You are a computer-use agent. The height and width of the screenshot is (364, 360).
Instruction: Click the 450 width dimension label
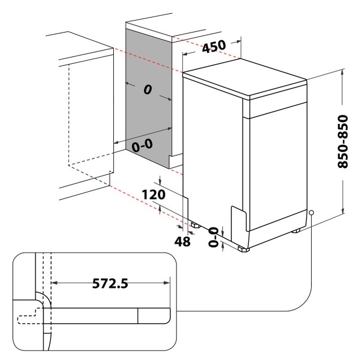pos(214,46)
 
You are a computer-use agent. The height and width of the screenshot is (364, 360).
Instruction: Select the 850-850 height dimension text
pos(343,141)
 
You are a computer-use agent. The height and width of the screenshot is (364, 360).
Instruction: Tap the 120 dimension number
pos(154,194)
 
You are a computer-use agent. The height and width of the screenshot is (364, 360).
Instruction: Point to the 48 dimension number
pos(182,241)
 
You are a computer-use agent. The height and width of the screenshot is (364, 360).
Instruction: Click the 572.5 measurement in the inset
pos(110,283)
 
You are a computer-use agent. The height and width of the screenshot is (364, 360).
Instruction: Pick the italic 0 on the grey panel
pos(148,89)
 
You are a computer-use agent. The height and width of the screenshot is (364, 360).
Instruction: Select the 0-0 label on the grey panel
pos(142,145)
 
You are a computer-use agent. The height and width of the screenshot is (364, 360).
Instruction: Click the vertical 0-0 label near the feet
pos(214,237)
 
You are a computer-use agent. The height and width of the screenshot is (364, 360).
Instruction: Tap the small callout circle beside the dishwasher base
pos(312,213)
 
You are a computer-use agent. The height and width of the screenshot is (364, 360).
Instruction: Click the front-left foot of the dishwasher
pos(244,249)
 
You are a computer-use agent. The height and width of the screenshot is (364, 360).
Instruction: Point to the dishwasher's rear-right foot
pos(296,231)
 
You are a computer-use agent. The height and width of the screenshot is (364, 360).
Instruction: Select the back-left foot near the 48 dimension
pos(196,225)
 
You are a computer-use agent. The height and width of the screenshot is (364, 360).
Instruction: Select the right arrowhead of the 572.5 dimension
pos(167,283)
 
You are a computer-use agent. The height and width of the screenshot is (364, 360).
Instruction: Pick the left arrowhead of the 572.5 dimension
pos(54,283)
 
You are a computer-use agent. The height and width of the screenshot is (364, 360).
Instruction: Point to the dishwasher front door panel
pos(278,167)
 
